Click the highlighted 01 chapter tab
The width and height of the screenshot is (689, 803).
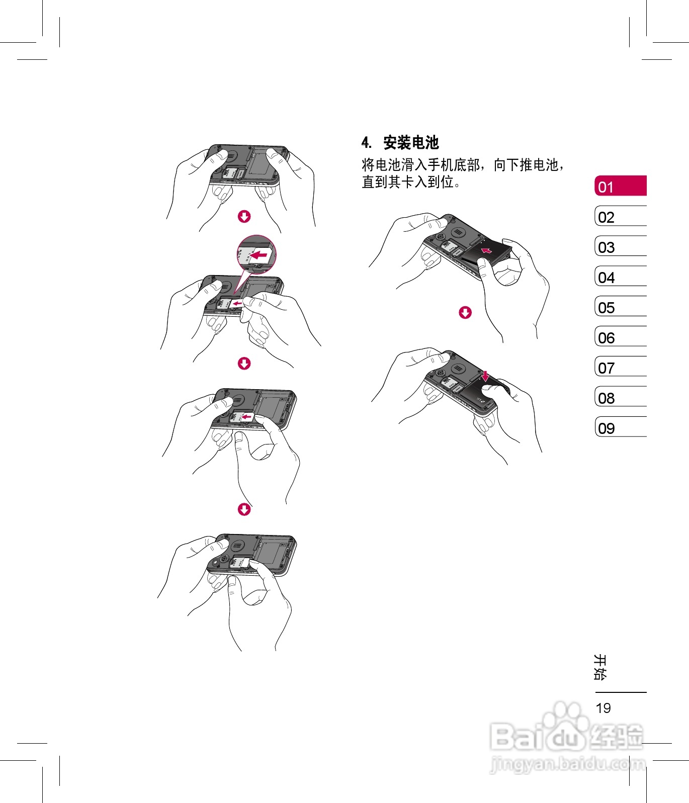pyautogui.click(x=620, y=186)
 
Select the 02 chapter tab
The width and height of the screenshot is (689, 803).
pyautogui.click(x=620, y=216)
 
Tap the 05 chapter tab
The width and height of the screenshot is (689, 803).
pyautogui.click(x=620, y=307)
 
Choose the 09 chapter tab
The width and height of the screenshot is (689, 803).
pyautogui.click(x=620, y=427)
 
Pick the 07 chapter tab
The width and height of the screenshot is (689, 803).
pyautogui.click(x=620, y=367)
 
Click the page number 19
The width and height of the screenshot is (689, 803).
pyautogui.click(x=603, y=708)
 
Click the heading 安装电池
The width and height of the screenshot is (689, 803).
pyautogui.click(x=411, y=143)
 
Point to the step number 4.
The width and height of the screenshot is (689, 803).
pyautogui.click(x=366, y=143)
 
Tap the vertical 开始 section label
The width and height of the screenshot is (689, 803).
pyautogui.click(x=600, y=667)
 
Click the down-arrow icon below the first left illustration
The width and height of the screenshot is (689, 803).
pyautogui.click(x=244, y=217)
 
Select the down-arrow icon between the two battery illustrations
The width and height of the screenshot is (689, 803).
pyautogui.click(x=465, y=313)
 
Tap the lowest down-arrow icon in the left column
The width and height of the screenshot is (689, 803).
pyautogui.click(x=244, y=510)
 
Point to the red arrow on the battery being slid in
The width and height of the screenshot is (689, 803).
pyautogui.click(x=486, y=250)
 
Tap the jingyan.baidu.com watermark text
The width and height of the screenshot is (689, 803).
pyautogui.click(x=567, y=764)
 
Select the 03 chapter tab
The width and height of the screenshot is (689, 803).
pyautogui.click(x=620, y=246)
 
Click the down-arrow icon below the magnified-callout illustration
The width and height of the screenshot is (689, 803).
pyautogui.click(x=244, y=364)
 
